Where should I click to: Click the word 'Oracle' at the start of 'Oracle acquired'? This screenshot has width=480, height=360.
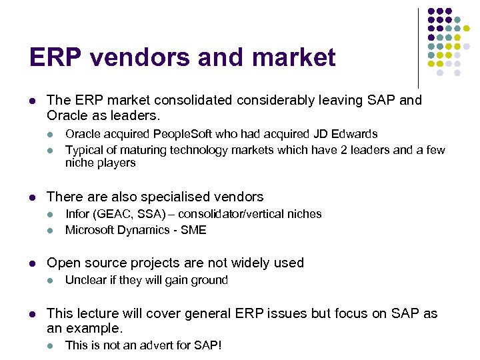click(83, 135)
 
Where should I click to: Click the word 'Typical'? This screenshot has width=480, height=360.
click(84, 150)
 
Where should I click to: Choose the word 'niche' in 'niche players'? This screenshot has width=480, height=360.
click(79, 163)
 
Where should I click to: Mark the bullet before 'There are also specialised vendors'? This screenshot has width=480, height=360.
click(32, 197)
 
